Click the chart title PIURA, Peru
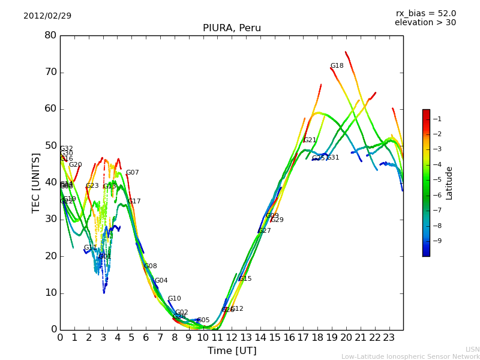coord(232,28)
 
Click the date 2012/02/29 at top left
coord(47,16)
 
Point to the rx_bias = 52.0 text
coord(425,13)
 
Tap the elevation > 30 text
coord(425,22)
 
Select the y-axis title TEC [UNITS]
coord(36,182)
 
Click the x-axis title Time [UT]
coord(232,350)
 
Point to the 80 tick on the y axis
coord(50,35)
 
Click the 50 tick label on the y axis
coord(50,146)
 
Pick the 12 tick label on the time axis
coord(232,337)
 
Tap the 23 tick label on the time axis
coord(389,337)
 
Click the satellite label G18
coord(337,66)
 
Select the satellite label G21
coord(310,140)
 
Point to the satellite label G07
coord(132,173)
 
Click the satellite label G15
coord(245,279)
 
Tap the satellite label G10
coord(174,299)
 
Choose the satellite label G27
coord(265,231)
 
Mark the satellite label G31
coord(333,158)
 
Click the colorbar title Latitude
coord(449,183)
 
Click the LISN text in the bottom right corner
coord(472,349)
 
